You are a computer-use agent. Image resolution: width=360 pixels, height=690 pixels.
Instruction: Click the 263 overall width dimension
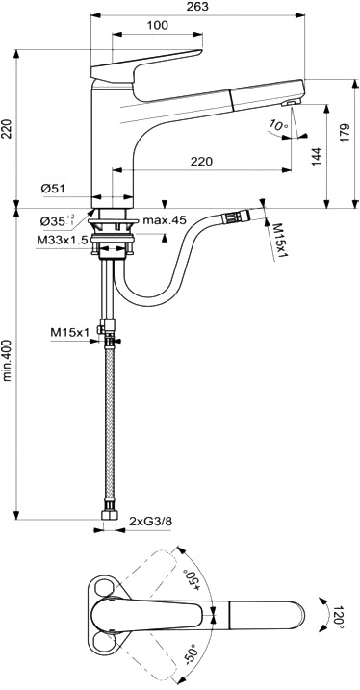click(198, 7)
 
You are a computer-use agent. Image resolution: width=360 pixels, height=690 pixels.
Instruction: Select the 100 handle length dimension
click(158, 25)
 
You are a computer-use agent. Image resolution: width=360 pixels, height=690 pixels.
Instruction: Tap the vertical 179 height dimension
click(345, 132)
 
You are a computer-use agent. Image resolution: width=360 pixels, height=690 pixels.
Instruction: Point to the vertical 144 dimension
click(316, 157)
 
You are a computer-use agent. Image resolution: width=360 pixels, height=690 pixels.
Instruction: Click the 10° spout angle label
click(278, 125)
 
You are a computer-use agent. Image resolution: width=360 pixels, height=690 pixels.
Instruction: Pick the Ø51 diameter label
click(53, 189)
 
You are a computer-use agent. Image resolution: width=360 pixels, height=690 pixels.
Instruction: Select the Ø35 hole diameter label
click(58, 219)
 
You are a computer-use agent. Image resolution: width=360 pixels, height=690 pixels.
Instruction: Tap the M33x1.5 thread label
click(60, 240)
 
